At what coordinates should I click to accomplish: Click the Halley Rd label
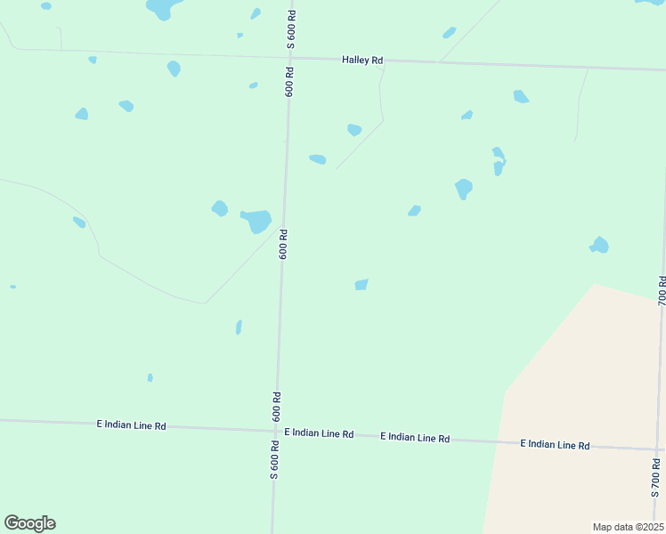pyautogui.click(x=362, y=60)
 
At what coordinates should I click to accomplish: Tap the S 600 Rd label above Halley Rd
pyautogui.click(x=290, y=30)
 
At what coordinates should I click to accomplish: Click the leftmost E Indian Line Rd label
pyautogui.click(x=131, y=425)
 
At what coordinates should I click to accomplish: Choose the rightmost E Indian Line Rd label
pyautogui.click(x=555, y=444)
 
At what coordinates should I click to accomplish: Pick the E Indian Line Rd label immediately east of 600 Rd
pyautogui.click(x=319, y=433)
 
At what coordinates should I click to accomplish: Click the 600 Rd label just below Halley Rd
pyautogui.click(x=288, y=81)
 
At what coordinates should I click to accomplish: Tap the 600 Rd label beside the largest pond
pyautogui.click(x=283, y=244)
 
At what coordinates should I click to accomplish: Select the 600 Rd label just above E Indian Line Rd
pyautogui.click(x=277, y=407)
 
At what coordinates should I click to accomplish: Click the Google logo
pyautogui.click(x=29, y=523)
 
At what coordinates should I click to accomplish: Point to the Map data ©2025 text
pyautogui.click(x=628, y=527)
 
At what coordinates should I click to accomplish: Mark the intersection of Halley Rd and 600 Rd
pyautogui.click(x=289, y=58)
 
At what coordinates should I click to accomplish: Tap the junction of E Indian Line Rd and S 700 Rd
pyautogui.click(x=659, y=449)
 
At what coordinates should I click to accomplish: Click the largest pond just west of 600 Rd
pyautogui.click(x=257, y=220)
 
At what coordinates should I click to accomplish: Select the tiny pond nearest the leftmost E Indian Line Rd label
pyautogui.click(x=150, y=377)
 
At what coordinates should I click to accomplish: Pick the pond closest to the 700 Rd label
pyautogui.click(x=600, y=245)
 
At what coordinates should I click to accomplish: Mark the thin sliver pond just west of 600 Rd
pyautogui.click(x=239, y=327)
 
